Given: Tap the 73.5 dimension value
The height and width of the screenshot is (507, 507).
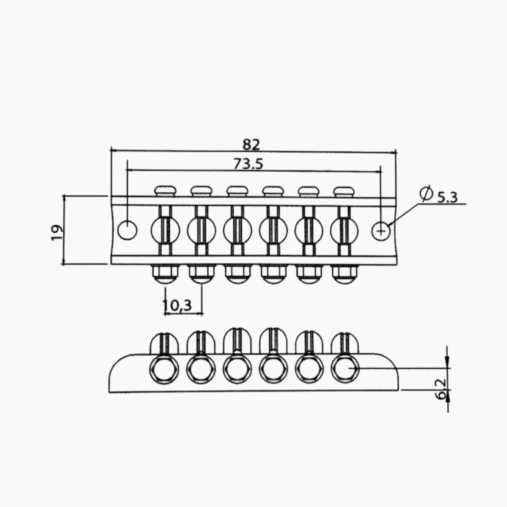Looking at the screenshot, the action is (248, 164).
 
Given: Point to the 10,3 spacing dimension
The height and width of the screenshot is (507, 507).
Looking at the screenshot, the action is (177, 305).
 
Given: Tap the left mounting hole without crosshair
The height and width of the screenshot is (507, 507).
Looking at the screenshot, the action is (127, 230).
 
